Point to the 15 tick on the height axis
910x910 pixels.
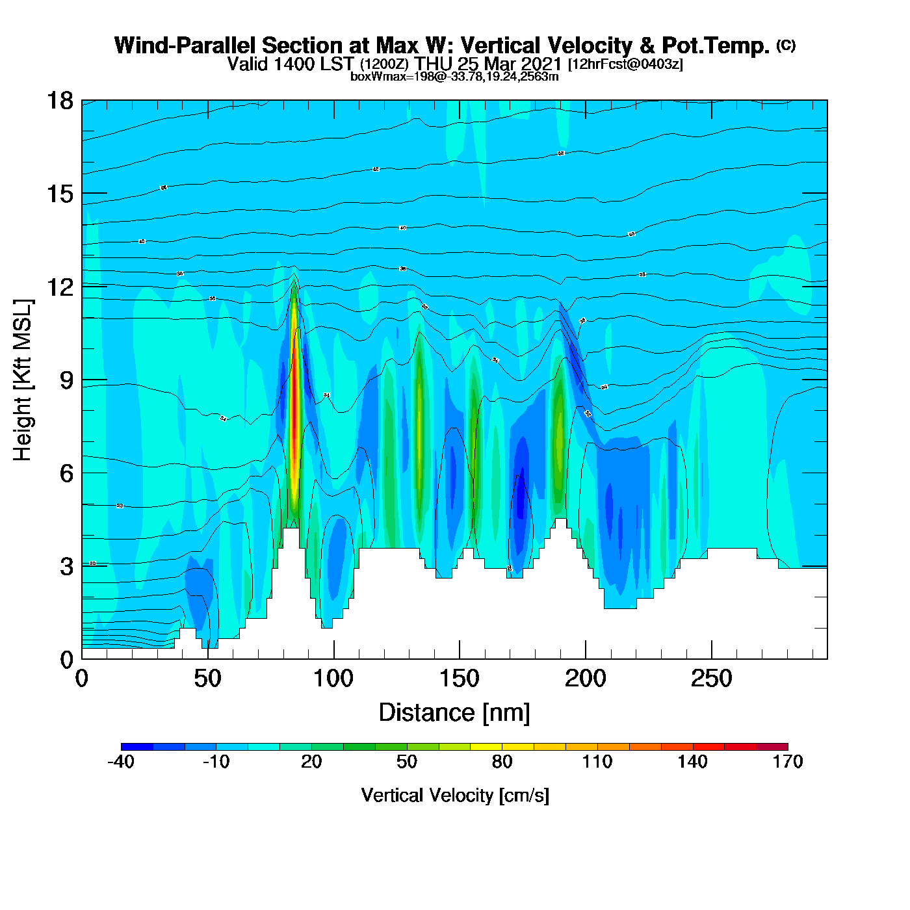(x=59, y=194)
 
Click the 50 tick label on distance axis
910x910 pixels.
(x=207, y=679)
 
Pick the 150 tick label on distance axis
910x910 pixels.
(x=460, y=679)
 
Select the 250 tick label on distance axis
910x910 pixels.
(x=711, y=679)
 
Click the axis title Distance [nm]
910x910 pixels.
(x=454, y=713)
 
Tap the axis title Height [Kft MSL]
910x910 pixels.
(x=23, y=380)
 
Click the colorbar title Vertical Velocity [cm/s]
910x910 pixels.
(x=455, y=796)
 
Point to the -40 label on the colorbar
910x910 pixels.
(x=121, y=762)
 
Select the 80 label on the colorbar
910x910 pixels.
(x=502, y=762)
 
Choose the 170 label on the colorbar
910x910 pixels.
(x=788, y=762)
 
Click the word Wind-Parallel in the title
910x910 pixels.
(x=186, y=45)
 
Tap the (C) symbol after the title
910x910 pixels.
(x=786, y=45)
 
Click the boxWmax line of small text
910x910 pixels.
(x=454, y=77)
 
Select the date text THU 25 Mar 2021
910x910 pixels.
(x=488, y=64)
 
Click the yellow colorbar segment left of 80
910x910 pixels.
(x=486, y=747)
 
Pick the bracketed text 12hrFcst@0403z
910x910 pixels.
(x=625, y=64)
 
